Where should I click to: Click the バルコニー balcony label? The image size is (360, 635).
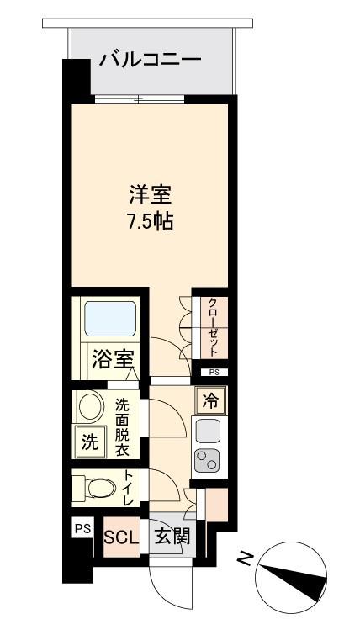point(151,60)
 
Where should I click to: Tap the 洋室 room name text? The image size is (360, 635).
point(151,196)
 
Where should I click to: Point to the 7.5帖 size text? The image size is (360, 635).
point(151,221)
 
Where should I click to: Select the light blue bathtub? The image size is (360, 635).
point(110,319)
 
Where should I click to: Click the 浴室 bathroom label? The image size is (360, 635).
point(110,358)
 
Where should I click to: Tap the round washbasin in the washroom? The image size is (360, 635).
point(92,405)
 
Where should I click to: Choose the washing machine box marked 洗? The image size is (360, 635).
point(90,442)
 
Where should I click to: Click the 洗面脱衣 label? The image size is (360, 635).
point(122,426)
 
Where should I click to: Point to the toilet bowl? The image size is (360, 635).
point(96,488)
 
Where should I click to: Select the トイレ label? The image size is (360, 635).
point(129,487)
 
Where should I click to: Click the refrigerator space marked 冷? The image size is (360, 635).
point(209,401)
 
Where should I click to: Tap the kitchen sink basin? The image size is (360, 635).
point(208,431)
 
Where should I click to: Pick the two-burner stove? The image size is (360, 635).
point(207,461)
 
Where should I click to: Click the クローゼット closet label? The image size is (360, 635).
point(214,327)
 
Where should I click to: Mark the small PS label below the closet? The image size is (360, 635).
point(214,373)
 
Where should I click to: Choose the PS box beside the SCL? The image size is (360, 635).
point(83,528)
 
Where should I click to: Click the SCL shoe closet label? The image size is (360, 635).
point(121,537)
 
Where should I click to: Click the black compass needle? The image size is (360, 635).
point(293,579)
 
